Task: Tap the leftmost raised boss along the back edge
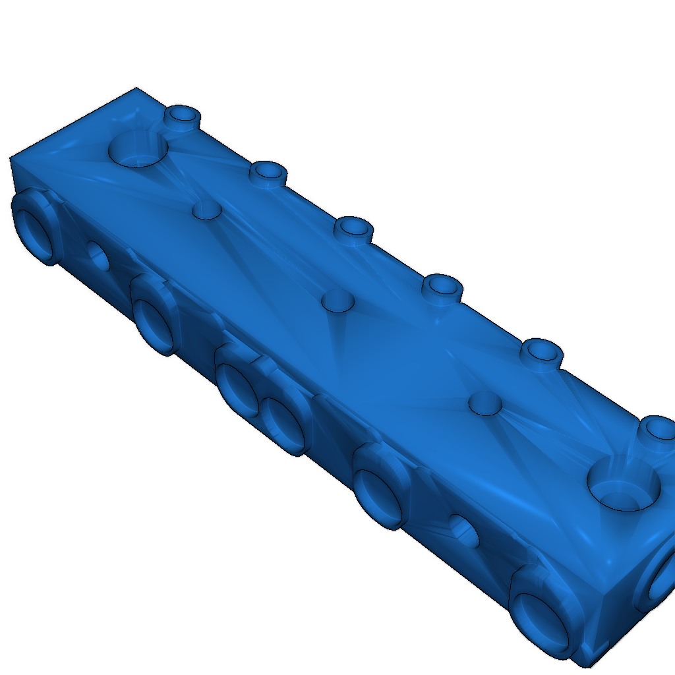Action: point(182,117)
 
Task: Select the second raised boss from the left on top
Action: point(268,173)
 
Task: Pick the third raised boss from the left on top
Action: point(354,229)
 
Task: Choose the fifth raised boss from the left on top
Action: point(541,352)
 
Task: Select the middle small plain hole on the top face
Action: point(337,301)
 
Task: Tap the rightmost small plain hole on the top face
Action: point(485,403)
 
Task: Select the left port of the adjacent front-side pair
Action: point(237,388)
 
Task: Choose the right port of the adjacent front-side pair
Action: point(285,423)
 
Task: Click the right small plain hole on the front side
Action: point(465,533)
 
